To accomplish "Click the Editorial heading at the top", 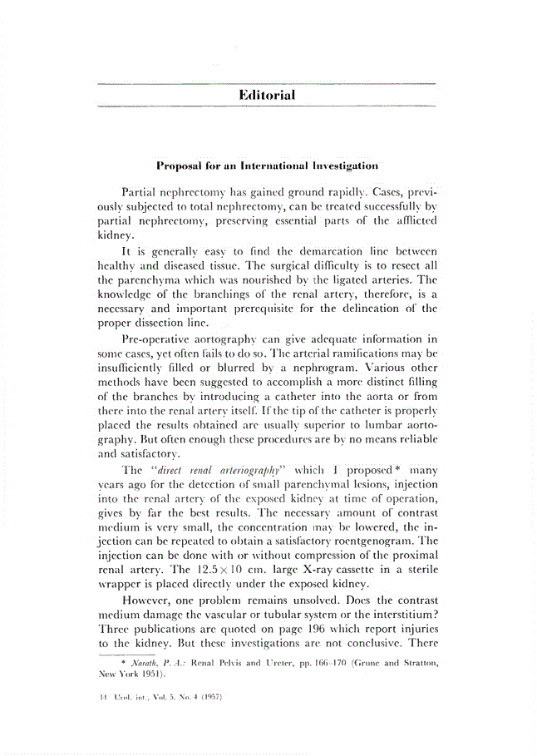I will pyautogui.click(x=267, y=96).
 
